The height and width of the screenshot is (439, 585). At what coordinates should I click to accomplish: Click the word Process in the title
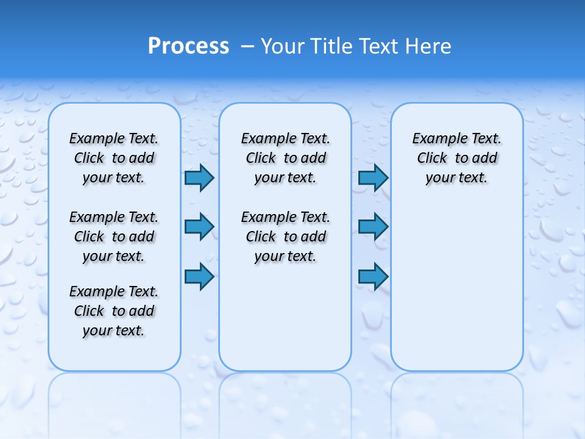pos(188,46)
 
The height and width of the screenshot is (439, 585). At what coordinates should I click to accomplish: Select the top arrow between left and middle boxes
pos(199,178)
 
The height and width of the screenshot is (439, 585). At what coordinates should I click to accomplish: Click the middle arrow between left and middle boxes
pos(199,227)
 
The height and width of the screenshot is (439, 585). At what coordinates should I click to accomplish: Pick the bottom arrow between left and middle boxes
pos(199,277)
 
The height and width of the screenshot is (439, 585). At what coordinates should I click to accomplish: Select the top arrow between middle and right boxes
pos(373,178)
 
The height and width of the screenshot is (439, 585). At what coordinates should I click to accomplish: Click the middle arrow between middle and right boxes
pos(373,227)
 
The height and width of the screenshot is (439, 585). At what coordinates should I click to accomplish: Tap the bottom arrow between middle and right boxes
pos(373,277)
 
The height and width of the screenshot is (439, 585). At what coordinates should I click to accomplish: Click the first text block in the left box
pos(114,158)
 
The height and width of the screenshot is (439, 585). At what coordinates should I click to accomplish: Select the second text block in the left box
pos(114,237)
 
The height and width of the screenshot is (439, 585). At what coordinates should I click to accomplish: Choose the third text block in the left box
pos(114,311)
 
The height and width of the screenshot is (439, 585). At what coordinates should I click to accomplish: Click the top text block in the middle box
pos(285,158)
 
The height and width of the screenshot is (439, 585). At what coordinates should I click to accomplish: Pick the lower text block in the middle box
pos(285,237)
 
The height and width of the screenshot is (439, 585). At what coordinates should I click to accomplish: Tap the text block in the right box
pos(457,158)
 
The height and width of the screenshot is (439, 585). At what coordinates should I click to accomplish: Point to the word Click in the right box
pos(432,159)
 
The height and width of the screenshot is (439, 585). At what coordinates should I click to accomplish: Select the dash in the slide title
pos(247,46)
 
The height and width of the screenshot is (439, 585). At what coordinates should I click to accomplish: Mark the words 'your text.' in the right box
pos(456,178)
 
